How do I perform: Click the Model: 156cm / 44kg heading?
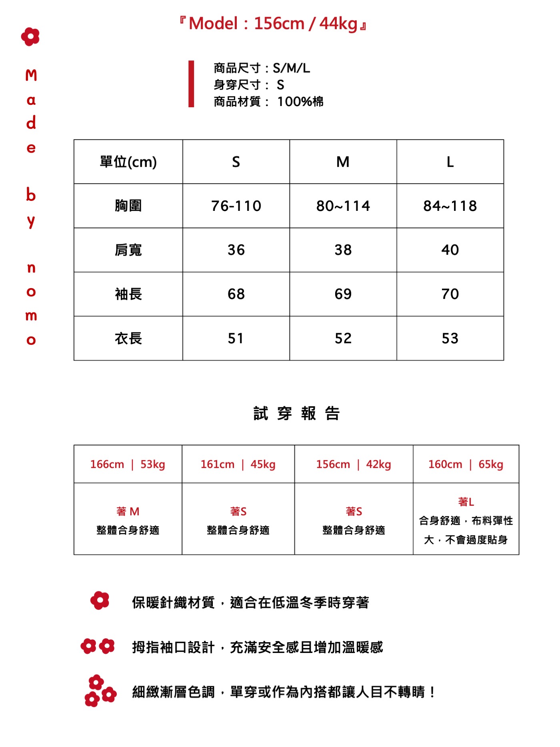(273, 24)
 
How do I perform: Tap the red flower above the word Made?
(30, 37)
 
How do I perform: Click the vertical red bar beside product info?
(191, 84)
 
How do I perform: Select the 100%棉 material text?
(300, 102)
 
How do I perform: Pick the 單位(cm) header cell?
(128, 162)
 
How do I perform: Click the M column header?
(343, 162)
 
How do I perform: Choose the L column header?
(450, 162)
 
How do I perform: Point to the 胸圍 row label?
(128, 206)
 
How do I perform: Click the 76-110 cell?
(236, 206)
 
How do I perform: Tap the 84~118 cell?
(450, 206)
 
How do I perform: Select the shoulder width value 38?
(343, 250)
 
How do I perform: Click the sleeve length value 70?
(450, 294)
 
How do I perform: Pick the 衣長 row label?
(128, 338)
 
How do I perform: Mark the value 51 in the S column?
(236, 338)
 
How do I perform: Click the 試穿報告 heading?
(296, 413)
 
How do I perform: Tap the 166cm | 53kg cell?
(128, 464)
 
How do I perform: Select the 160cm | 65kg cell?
(466, 464)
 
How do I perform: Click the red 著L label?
(466, 502)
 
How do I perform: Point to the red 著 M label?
(128, 511)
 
